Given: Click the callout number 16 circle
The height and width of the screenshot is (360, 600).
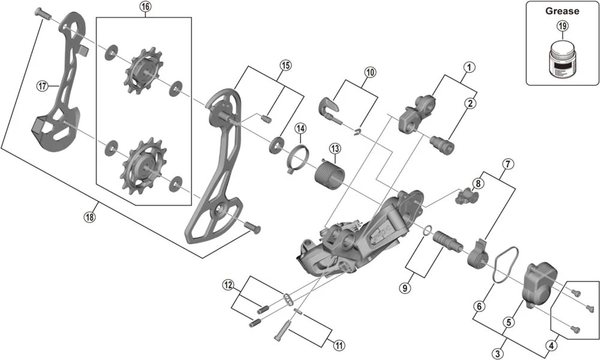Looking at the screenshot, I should point(145,7).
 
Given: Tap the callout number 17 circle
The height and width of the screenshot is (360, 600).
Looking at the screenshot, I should point(42,86).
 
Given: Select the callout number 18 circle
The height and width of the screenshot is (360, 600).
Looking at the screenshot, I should point(89,217).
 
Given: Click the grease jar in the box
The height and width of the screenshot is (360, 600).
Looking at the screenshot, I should point(562,58).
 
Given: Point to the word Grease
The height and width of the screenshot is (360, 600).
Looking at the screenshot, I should point(562,11).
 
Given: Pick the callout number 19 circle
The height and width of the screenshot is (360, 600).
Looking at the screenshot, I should point(562,26).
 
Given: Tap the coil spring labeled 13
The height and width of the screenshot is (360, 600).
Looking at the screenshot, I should point(328,172).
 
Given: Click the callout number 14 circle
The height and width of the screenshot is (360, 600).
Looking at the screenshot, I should point(300,128).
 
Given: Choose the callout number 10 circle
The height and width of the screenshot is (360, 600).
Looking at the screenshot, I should point(370,71).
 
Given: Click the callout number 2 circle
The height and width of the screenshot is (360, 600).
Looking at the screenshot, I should point(470,103).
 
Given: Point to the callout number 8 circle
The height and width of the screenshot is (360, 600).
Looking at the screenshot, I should point(478,183).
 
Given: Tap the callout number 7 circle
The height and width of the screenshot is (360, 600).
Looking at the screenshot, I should point(508,163).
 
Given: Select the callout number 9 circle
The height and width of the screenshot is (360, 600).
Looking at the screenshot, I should point(406,288).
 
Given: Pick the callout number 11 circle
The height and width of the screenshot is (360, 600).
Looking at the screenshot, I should point(339,345).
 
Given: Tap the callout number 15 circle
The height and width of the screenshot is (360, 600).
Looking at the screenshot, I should point(285,65).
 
